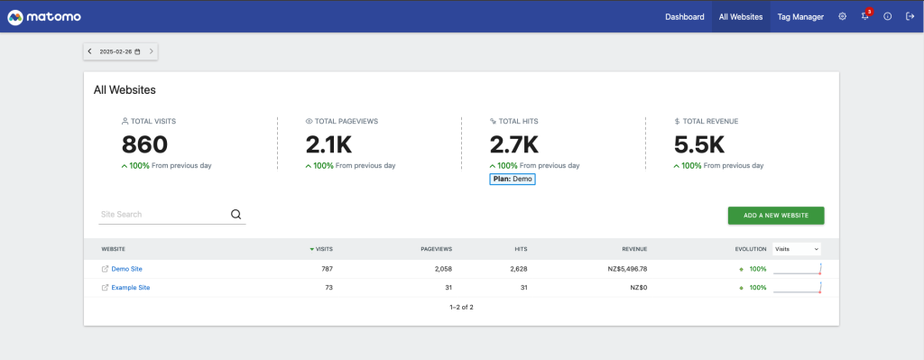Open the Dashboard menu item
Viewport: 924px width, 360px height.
[684, 16]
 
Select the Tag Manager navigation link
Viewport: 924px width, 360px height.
[800, 16]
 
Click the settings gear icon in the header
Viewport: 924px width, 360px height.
[842, 16]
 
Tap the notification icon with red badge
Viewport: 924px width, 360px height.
[864, 16]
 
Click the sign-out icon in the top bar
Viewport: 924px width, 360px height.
[909, 16]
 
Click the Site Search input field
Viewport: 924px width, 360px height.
[162, 215]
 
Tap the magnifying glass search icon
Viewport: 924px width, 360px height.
[236, 215]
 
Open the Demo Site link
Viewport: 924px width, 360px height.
[126, 269]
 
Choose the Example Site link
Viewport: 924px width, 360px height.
[130, 287]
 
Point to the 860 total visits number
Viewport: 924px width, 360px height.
[144, 144]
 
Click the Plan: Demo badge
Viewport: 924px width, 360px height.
[513, 179]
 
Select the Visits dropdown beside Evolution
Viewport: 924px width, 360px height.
[797, 248]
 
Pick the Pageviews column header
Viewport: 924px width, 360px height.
[436, 248]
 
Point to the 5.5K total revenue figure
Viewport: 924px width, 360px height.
[699, 144]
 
